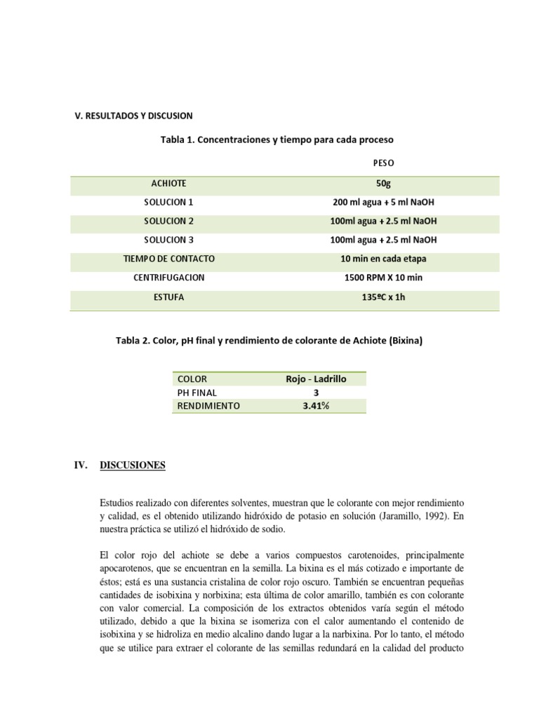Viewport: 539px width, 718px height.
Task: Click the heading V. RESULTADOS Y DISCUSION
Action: point(133,115)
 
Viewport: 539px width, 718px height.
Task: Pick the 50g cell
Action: point(383,183)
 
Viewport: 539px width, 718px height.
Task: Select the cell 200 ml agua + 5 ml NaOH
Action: point(383,202)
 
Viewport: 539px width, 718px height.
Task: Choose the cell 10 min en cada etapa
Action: point(383,259)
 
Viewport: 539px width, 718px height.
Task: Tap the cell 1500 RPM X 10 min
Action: point(383,278)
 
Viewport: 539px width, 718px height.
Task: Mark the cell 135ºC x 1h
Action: point(383,297)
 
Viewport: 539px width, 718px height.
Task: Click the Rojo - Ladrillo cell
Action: point(316,379)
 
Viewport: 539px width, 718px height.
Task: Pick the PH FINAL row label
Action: point(197,393)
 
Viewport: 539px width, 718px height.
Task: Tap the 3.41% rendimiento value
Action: point(316,406)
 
